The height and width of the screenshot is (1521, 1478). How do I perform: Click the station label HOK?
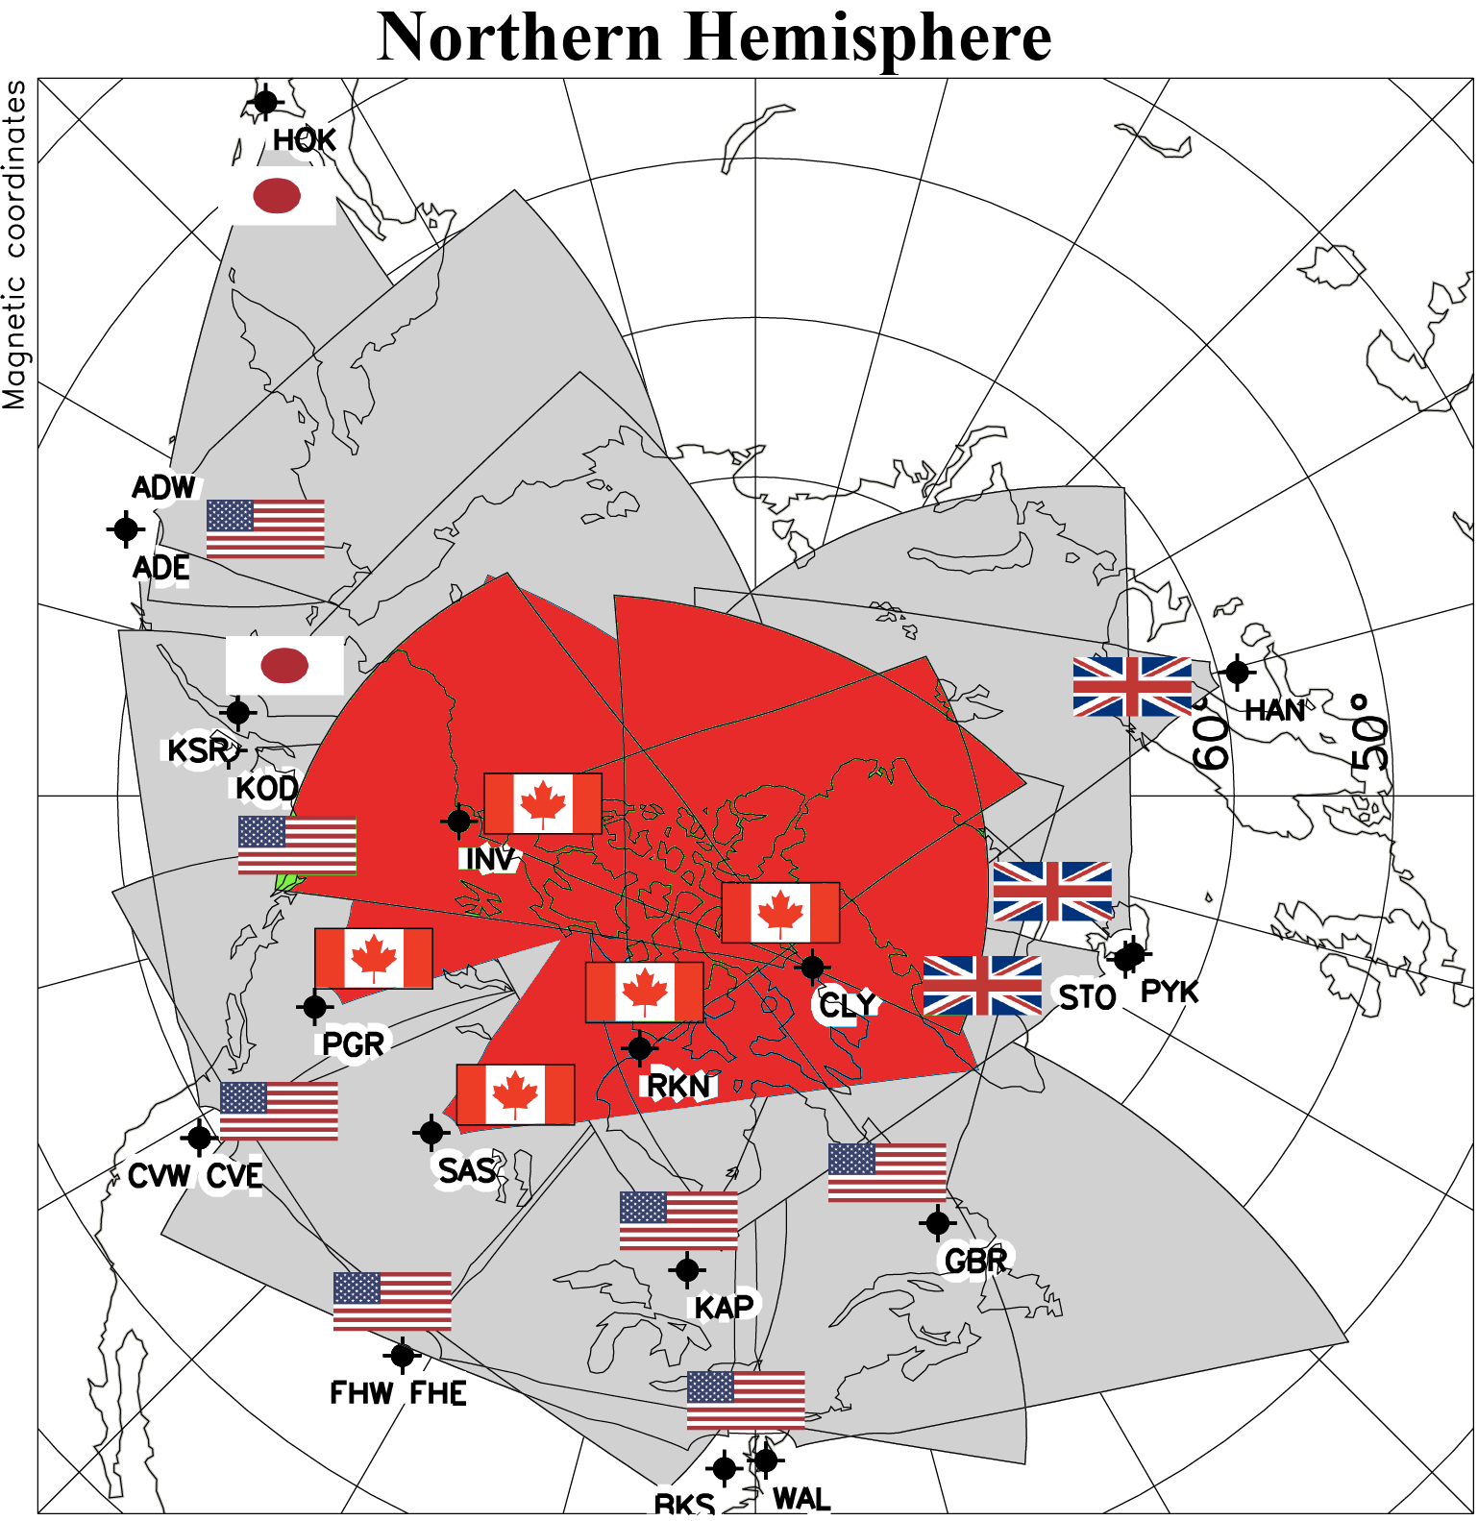click(304, 140)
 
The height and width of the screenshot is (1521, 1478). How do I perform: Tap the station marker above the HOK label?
click(265, 101)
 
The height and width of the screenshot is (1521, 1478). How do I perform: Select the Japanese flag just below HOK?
click(278, 196)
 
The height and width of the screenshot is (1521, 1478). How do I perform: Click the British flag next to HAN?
click(1132, 686)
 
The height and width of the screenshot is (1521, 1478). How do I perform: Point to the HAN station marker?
click(1237, 673)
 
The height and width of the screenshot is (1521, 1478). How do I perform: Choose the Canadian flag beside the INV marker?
click(543, 803)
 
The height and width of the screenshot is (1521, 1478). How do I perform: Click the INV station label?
click(489, 858)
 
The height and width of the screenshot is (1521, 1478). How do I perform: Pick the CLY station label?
click(847, 1005)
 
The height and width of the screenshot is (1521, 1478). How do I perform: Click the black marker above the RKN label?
click(639, 1048)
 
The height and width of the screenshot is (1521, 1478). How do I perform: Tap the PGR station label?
click(353, 1043)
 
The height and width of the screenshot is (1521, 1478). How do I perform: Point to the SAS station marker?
click(431, 1133)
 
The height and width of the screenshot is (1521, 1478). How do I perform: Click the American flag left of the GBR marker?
click(887, 1172)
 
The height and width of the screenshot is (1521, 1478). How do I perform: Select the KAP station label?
click(724, 1307)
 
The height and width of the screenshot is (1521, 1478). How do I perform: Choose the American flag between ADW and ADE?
click(265, 528)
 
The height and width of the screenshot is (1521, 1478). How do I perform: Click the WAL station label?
click(801, 1499)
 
